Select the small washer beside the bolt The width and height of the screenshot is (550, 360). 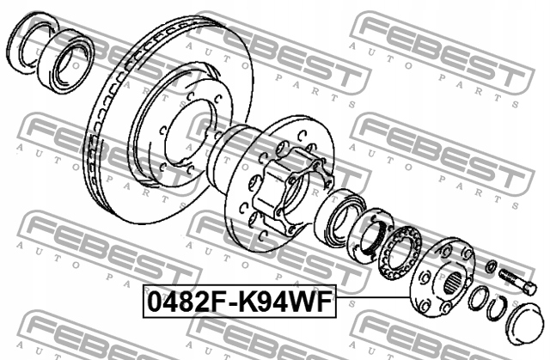tap(489, 266)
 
